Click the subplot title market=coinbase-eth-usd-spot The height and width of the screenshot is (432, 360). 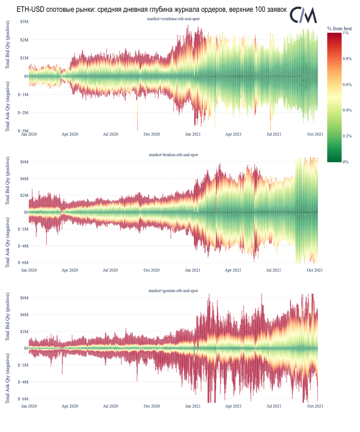[x=173, y=18]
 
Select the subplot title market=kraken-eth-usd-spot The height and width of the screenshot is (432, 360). [x=173, y=155]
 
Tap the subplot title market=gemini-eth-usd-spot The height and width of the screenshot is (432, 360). [x=173, y=291]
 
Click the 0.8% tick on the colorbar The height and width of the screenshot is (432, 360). [x=347, y=59]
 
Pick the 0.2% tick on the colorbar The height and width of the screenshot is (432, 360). [x=347, y=136]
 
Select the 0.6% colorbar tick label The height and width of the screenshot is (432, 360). [x=347, y=85]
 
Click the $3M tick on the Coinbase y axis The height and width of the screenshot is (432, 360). [x=25, y=22]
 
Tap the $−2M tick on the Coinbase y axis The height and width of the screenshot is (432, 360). [x=24, y=113]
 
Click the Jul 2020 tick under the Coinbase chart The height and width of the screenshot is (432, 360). [x=111, y=134]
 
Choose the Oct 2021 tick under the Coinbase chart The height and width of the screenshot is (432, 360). [x=315, y=134]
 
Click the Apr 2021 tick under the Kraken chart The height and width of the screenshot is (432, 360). [x=233, y=270]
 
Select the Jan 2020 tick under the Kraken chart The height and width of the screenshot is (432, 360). [x=29, y=270]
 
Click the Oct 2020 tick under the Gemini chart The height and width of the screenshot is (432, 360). [x=152, y=406]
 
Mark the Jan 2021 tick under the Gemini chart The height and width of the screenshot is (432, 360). [x=193, y=406]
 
